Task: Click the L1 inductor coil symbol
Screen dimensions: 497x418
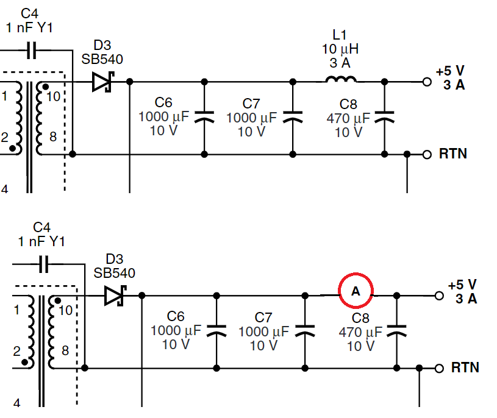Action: coord(341,79)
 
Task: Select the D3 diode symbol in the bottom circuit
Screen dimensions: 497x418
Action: coord(115,296)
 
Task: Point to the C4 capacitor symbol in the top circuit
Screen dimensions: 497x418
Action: coord(31,50)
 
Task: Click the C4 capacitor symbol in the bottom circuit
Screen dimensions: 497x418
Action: coord(44,264)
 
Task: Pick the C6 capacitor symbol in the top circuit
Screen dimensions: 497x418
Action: coord(204,116)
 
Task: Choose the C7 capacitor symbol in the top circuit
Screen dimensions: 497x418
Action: coord(293,116)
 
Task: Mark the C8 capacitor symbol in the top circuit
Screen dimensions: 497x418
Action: coord(384,116)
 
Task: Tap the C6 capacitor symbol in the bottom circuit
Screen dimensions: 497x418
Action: coord(216,330)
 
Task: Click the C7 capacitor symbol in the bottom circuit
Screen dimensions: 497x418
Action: coord(304,330)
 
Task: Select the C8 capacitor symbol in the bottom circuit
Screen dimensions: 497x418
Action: coord(396,330)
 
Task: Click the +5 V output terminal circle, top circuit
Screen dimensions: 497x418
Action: coord(427,82)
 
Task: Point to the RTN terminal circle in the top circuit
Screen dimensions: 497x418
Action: coord(427,155)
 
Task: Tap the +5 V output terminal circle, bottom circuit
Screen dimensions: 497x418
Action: coord(439,296)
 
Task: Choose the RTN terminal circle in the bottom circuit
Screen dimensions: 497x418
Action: coord(439,368)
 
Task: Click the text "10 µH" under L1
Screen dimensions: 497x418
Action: coord(340,49)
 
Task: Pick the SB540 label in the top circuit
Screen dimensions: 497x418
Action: coord(102,59)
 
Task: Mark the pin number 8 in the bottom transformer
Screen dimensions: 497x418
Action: coord(65,350)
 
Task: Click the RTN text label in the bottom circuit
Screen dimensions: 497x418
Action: coord(465,367)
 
